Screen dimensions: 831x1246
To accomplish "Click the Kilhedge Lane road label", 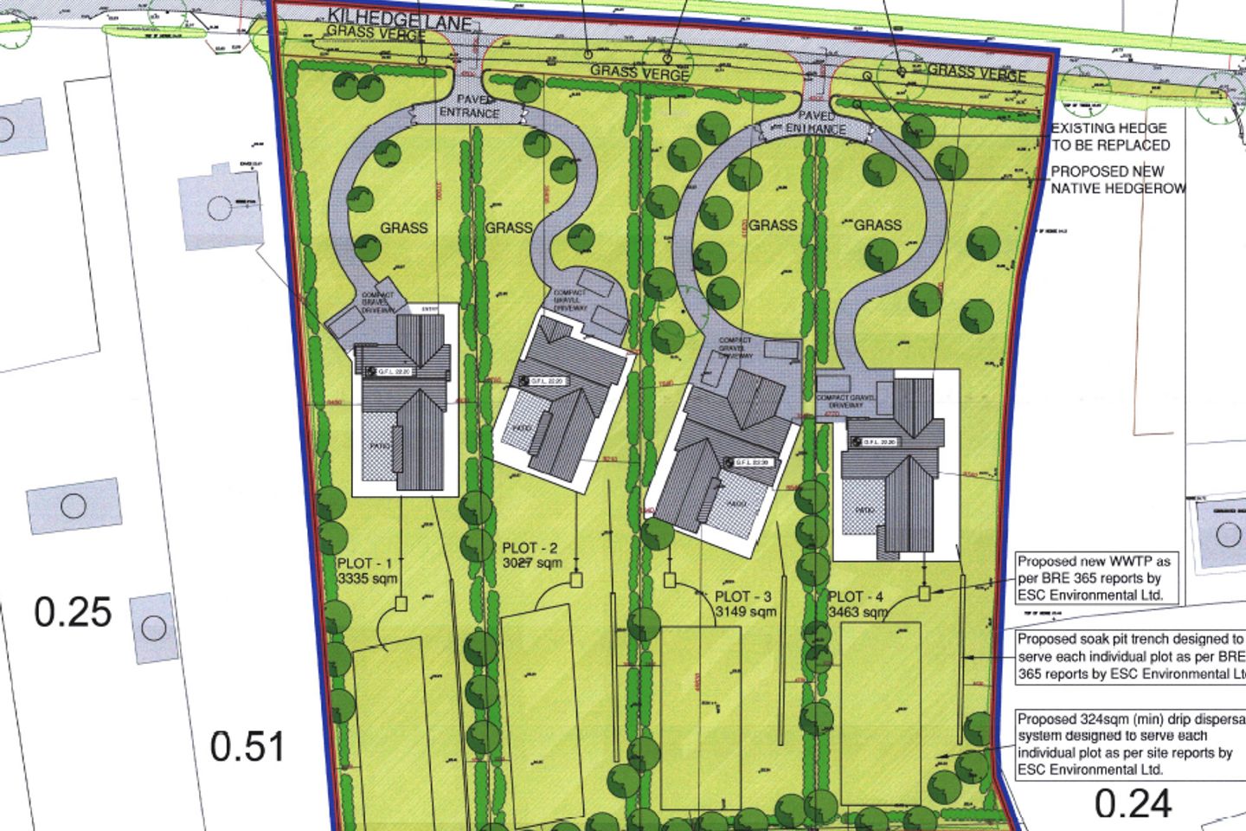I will (x=399, y=19).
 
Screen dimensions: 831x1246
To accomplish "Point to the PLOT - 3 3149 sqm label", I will (x=743, y=604).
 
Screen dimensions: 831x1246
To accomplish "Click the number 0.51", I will (x=247, y=746).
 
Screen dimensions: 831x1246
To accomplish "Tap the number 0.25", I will (x=74, y=612).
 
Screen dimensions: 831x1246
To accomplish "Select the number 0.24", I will (x=1133, y=803).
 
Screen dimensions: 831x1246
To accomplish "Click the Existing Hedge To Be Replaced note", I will (x=1110, y=137).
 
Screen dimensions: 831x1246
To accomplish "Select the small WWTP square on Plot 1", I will (x=401, y=603).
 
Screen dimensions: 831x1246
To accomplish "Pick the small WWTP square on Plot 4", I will (x=924, y=593).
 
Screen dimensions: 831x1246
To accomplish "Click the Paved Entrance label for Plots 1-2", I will (x=469, y=106).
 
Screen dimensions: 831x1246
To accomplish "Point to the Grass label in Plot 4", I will (x=877, y=225).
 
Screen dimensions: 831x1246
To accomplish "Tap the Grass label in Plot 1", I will (x=404, y=228).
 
